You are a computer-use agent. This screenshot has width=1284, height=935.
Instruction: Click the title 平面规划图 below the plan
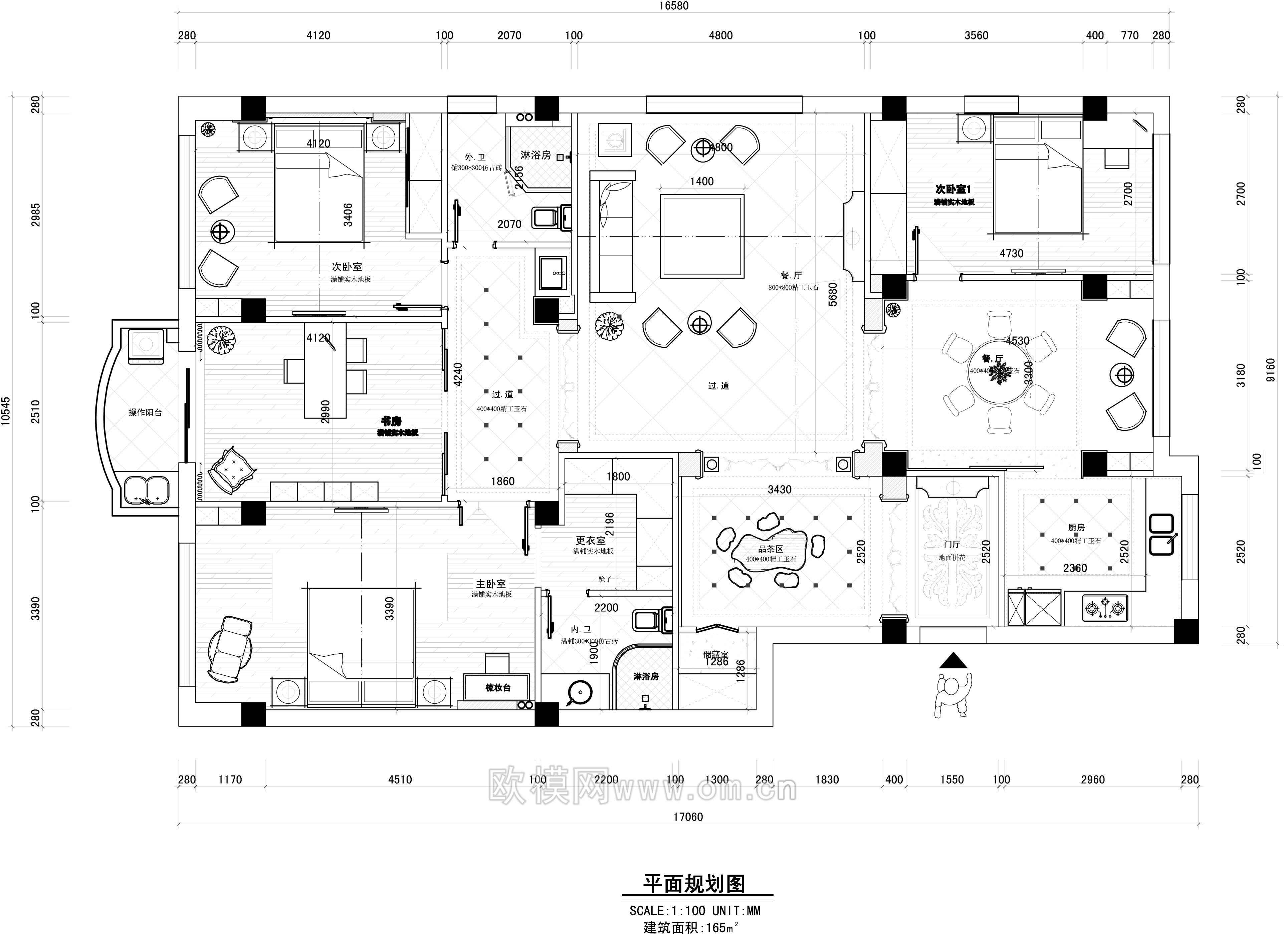(694, 884)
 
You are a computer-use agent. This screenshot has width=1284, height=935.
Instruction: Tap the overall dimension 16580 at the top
(674, 6)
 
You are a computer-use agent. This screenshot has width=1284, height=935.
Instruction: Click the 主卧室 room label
(491, 584)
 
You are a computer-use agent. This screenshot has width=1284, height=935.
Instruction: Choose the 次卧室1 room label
(953, 189)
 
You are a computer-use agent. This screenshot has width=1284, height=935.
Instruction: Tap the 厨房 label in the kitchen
(1076, 528)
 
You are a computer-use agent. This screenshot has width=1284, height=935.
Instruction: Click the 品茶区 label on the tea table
(771, 549)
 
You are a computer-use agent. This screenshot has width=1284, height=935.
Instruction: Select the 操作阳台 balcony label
(145, 412)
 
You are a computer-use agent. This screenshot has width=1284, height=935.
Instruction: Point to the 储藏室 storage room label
(715, 654)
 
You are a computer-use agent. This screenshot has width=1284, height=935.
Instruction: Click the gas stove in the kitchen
(1104, 608)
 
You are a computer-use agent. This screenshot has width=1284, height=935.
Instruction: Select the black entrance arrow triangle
(954, 660)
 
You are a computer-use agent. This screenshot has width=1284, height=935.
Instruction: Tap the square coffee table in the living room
(702, 236)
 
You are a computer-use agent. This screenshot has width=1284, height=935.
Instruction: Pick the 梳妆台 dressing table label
(498, 687)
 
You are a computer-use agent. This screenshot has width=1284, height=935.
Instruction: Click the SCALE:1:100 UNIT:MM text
(695, 911)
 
